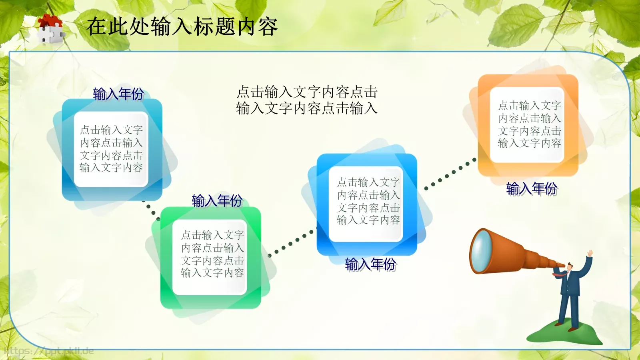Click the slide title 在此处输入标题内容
tap(182, 27)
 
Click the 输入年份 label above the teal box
tap(118, 94)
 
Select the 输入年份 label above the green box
tap(217, 200)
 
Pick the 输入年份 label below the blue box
tap(370, 264)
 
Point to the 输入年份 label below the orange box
tap(531, 188)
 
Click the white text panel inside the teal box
tap(111, 149)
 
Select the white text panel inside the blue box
tap(368, 202)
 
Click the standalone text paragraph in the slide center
tap(307, 100)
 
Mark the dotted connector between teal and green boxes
tap(151, 210)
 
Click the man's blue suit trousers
tap(569, 310)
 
